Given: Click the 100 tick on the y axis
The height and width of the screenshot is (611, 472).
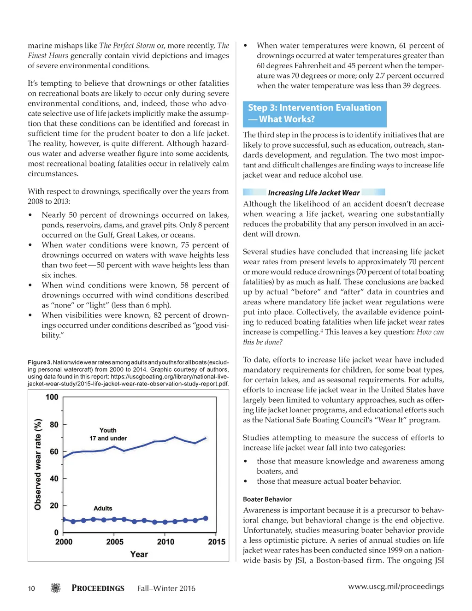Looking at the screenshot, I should tap(52, 397).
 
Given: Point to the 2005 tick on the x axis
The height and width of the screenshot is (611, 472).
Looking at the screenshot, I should tap(115, 542).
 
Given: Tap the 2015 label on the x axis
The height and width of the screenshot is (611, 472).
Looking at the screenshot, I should tap(216, 542).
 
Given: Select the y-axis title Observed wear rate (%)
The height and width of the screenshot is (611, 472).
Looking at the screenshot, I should tap(38, 464).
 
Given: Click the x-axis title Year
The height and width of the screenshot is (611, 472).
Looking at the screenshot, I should tap(139, 554).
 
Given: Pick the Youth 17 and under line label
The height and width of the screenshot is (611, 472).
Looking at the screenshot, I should tap(108, 434).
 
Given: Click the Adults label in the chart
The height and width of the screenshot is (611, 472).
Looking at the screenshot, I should tap(103, 508).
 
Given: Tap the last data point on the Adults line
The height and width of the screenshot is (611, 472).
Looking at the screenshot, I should tap(206, 518).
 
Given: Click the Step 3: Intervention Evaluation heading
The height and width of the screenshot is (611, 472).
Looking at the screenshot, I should tap(314, 113).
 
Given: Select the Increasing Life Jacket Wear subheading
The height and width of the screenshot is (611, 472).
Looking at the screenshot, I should tap(314, 193).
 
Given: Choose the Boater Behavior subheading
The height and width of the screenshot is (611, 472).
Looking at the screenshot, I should tap(267, 499).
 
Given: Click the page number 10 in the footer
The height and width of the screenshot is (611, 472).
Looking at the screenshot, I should tap(31, 588).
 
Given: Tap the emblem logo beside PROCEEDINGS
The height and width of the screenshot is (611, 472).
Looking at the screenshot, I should tap(55, 588).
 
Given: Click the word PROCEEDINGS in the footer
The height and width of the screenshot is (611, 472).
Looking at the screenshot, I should tap(98, 588).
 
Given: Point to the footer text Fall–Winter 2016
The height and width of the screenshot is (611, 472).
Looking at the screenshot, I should tap(166, 588).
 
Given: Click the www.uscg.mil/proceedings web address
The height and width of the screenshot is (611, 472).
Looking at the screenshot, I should tap(396, 587).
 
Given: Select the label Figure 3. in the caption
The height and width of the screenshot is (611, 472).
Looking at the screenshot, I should tap(40, 362).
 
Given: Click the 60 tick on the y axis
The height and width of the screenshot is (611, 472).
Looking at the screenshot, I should tap(54, 451).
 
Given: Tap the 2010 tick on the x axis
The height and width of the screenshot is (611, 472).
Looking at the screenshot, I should tap(165, 542).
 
